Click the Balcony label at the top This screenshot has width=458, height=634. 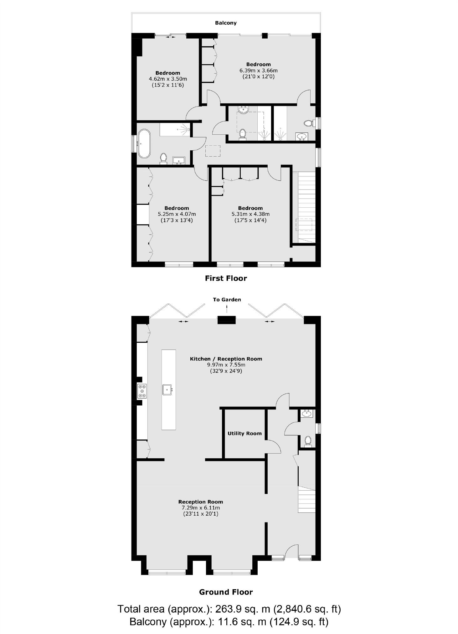pyautogui.click(x=226, y=23)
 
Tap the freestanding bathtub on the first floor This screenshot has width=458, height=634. pyautogui.click(x=144, y=144)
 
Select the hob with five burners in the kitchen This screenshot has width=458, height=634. pyautogui.click(x=142, y=391)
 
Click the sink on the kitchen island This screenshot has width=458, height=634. pyautogui.click(x=167, y=390)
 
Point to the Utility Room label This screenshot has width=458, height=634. pyautogui.click(x=244, y=434)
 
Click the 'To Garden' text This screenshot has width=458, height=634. pyautogui.click(x=227, y=300)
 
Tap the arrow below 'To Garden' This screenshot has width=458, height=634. pyautogui.click(x=227, y=309)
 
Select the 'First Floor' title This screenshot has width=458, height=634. pyautogui.click(x=226, y=278)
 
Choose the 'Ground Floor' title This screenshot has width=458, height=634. pyautogui.click(x=226, y=592)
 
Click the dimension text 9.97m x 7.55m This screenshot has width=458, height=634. pyautogui.click(x=226, y=365)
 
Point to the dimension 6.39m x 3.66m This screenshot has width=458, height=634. pyautogui.click(x=258, y=70)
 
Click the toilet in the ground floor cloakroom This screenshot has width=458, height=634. pyautogui.click(x=308, y=441)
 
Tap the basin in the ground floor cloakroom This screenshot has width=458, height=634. pyautogui.click(x=306, y=414)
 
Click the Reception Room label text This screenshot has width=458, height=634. pyautogui.click(x=201, y=502)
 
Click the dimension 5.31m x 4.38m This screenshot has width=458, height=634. pyautogui.click(x=250, y=214)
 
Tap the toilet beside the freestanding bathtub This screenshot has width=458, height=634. pyautogui.click(x=163, y=158)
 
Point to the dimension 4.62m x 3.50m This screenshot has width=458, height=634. pyautogui.click(x=168, y=79)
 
